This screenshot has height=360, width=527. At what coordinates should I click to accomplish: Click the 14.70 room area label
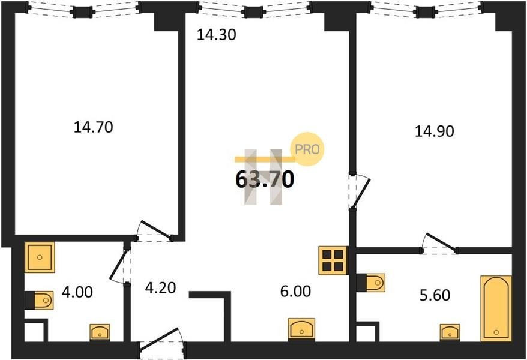point(93,127)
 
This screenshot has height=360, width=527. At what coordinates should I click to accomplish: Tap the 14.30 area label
point(217,35)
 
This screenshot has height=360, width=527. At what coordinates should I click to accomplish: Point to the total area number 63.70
point(265,179)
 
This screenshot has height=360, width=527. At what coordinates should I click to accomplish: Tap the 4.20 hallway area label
point(160,287)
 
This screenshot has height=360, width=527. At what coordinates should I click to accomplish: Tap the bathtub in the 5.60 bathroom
point(496,308)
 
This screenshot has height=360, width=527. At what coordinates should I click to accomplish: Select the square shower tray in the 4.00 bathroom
point(40,257)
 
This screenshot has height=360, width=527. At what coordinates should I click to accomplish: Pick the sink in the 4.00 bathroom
point(100,332)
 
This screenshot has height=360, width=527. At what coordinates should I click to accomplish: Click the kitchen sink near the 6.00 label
point(303,329)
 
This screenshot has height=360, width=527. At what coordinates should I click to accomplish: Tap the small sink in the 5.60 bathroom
point(450,331)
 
